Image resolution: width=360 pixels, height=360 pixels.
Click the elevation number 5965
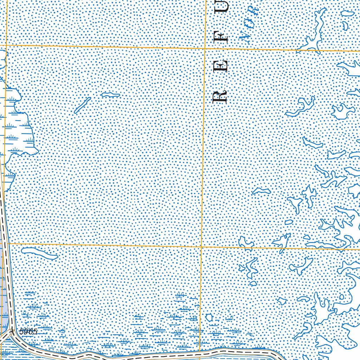[x=28, y=332]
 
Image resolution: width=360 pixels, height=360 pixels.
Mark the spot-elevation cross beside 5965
[x=12, y=331]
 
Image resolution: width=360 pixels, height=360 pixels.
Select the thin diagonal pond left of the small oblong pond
[x=82, y=105]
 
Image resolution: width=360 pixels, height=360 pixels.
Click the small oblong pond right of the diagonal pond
[x=110, y=95]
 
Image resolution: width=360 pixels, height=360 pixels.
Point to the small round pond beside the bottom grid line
[x=210, y=317]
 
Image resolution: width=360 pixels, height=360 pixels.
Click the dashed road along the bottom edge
[x=141, y=356]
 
